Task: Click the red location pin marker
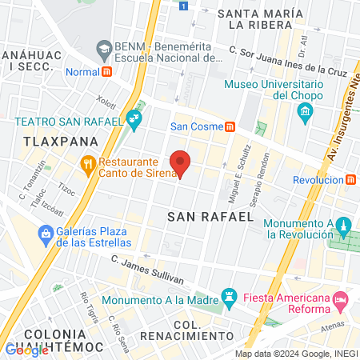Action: click(x=181, y=163)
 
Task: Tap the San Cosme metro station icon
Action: click(x=230, y=126)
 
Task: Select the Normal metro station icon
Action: click(x=107, y=71)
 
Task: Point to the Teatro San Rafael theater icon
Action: click(x=134, y=122)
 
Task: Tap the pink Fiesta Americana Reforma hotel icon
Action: click(x=340, y=301)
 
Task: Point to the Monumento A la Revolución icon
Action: click(x=343, y=225)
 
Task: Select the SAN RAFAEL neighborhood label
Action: click(x=210, y=216)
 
